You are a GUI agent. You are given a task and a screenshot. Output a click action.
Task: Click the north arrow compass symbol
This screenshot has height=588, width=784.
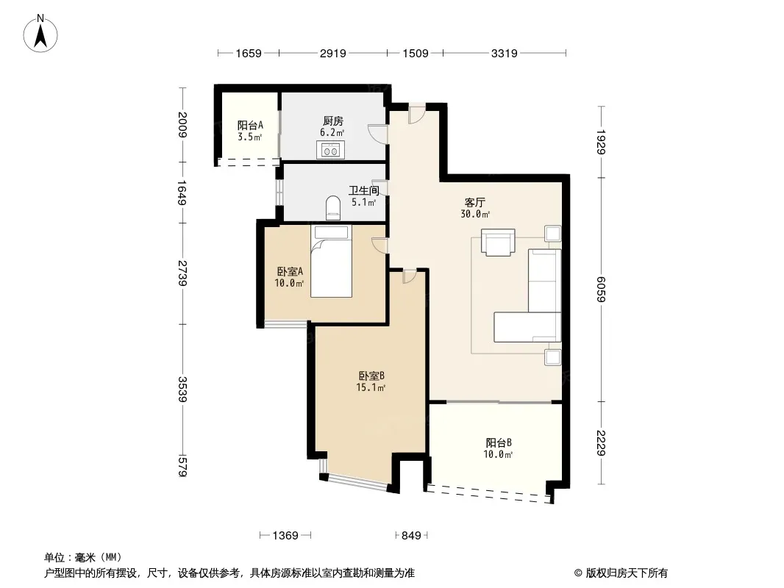pos(40,34)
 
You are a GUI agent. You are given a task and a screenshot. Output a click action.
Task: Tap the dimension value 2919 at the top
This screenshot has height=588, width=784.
pos(333,53)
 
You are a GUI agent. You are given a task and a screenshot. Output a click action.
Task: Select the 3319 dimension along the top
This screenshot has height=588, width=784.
pos(504,53)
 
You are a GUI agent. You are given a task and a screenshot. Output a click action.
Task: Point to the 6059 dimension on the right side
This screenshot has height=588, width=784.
pos(601,290)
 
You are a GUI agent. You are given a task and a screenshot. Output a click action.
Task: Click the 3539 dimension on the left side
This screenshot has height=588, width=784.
pos(182,389)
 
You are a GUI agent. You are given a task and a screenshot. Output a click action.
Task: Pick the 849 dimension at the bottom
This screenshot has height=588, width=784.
pos(411,536)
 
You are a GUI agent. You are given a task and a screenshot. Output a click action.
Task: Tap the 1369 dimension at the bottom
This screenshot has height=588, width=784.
pos(285,536)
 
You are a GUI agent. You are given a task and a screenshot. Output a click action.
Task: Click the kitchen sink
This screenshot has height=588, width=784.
pos(330,149)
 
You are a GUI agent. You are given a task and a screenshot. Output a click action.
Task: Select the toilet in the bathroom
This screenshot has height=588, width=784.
pos(333,207)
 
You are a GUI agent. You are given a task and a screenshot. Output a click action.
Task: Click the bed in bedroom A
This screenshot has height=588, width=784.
pos(331,261)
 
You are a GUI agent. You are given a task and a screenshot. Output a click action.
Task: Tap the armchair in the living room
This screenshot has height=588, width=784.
pos(498,243)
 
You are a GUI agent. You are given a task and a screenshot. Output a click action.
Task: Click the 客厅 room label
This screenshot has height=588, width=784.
pos(475,202)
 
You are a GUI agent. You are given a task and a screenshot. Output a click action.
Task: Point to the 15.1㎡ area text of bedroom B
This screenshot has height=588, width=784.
pos(371,387)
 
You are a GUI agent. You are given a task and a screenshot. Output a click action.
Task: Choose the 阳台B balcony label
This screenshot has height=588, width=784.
pos(499,442)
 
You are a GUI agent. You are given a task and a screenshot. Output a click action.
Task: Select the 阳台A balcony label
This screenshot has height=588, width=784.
pos(250,125)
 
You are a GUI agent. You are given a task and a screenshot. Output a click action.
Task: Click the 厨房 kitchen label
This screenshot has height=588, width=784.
pos(333,121)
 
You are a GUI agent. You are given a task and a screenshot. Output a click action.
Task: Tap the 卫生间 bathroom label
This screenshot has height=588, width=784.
pos(364,190)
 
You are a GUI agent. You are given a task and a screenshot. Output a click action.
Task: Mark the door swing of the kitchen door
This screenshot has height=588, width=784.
pos(377,134)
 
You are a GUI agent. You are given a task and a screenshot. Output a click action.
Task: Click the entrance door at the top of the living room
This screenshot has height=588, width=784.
pos(416,114)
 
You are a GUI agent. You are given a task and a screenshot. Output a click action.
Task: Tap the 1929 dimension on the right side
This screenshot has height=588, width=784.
pos(601,143)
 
